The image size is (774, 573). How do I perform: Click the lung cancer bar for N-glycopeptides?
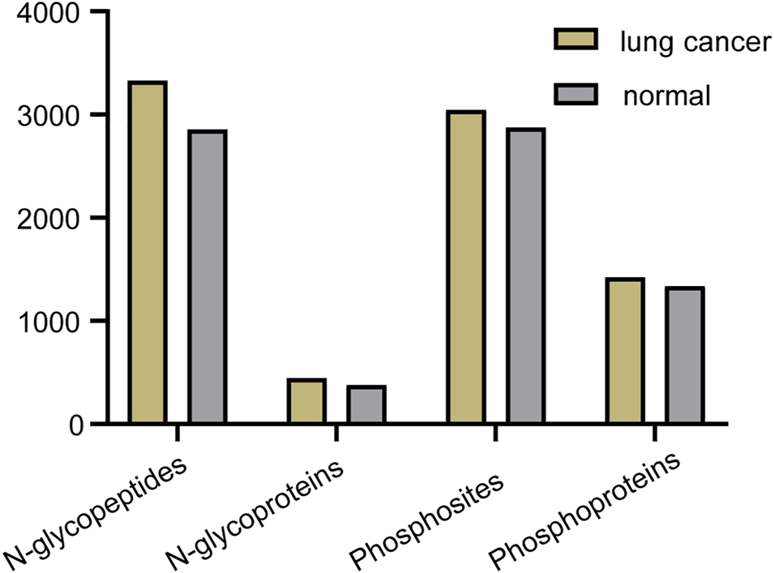pyautogui.click(x=147, y=252)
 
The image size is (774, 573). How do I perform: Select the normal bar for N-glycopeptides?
pyautogui.click(x=207, y=276)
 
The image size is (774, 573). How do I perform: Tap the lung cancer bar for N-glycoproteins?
pyautogui.click(x=306, y=401)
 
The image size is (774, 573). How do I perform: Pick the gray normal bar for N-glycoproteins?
pyautogui.click(x=366, y=404)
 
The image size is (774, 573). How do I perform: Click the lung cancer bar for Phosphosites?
pyautogui.click(x=465, y=267)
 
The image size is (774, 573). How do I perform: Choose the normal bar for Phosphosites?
pyautogui.click(x=525, y=276)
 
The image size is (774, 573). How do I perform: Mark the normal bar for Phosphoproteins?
pyautogui.click(x=685, y=355)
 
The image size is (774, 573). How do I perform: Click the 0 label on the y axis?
pyautogui.click(x=74, y=424)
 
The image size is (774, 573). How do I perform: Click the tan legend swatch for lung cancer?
pyautogui.click(x=575, y=41)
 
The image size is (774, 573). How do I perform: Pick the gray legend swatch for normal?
pyautogui.click(x=575, y=93)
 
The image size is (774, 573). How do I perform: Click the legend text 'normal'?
pyautogui.click(x=666, y=96)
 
